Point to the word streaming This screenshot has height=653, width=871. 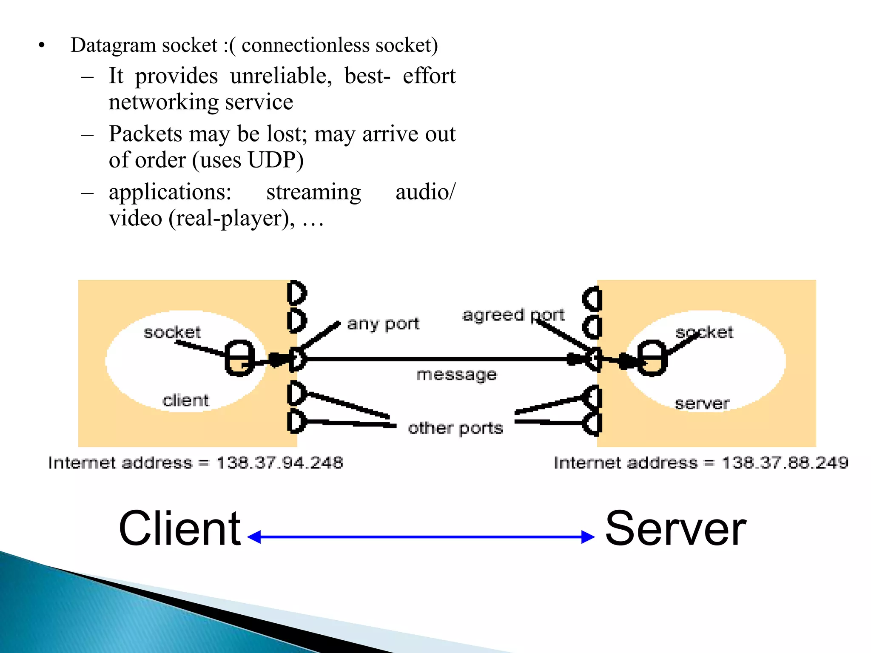tap(313, 192)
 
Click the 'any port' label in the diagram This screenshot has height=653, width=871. tap(383, 324)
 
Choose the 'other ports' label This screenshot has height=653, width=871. tap(455, 428)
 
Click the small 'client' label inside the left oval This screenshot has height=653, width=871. tap(186, 400)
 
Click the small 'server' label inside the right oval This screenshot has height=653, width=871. tap(702, 403)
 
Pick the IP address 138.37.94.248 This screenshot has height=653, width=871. tap(279, 463)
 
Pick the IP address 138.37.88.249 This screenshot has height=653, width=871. tap(785, 463)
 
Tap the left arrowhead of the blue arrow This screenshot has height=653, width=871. tap(254, 537)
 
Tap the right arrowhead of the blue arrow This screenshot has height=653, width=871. tap(588, 537)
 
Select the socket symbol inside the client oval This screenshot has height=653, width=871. tap(239, 358)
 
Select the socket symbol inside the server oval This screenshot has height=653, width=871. tap(652, 358)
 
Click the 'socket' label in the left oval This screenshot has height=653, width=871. tap(172, 332)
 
